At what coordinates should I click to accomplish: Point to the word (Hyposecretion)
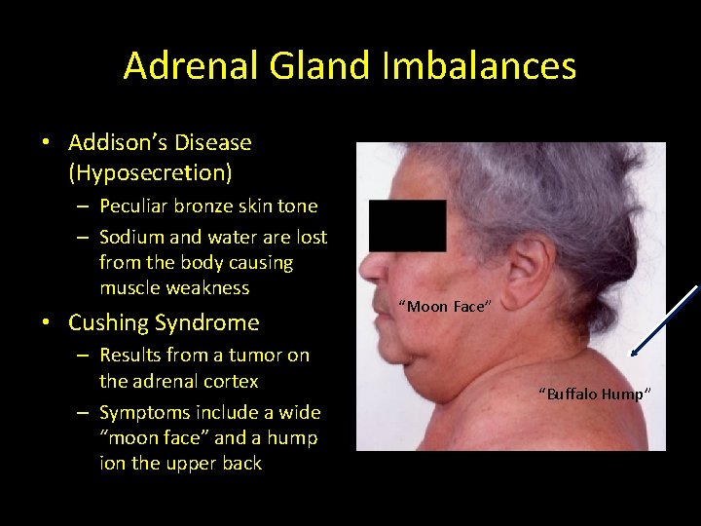pyautogui.click(x=150, y=173)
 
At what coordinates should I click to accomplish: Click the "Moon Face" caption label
pyautogui.click(x=445, y=307)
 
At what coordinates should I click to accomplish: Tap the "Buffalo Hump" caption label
pyautogui.click(x=593, y=394)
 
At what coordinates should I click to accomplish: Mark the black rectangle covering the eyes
pyautogui.click(x=408, y=226)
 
